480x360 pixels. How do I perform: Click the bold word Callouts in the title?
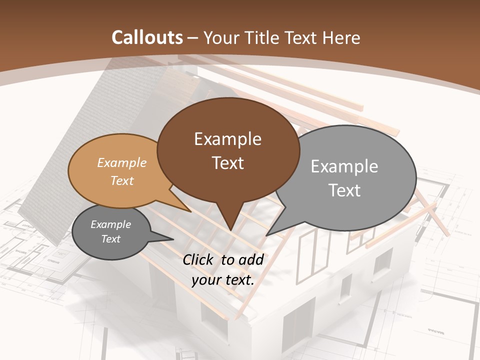147,37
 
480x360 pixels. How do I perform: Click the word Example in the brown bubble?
227,139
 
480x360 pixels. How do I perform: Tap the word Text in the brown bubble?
227,163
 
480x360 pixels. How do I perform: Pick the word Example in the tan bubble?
122,162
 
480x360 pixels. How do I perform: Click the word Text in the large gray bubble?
344,190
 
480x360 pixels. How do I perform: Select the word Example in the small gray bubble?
110,224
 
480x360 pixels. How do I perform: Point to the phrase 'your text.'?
223,280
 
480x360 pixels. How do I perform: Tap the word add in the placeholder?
251,259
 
